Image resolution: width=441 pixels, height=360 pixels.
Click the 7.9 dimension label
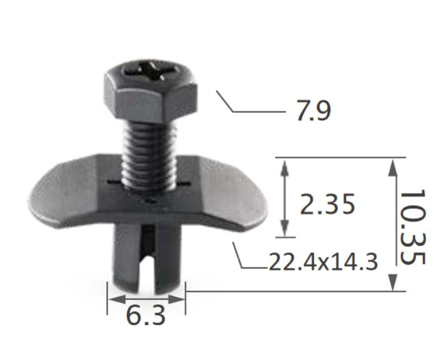308,111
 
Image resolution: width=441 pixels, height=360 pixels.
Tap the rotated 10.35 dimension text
412,226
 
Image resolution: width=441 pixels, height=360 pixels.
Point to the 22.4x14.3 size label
323,261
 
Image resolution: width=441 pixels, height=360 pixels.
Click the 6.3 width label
146,316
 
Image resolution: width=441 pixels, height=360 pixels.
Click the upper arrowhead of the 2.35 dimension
285,165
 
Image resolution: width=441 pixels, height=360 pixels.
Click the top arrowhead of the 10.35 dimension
393,165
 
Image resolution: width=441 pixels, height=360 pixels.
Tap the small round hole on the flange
149,202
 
